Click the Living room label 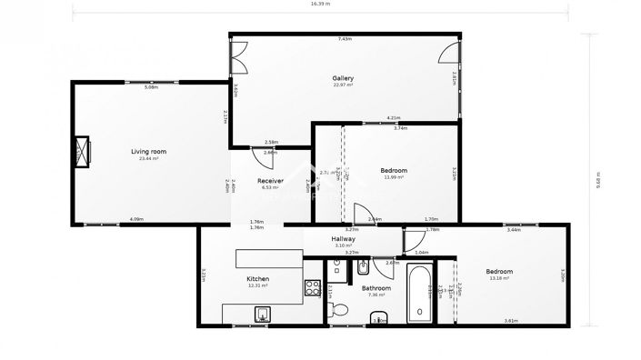click(149, 151)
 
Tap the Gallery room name click(343, 78)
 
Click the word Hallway click(344, 238)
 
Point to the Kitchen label click(258, 278)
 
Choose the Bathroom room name click(376, 288)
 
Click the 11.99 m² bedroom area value click(393, 177)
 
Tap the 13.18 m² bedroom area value click(498, 278)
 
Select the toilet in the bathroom click(340, 310)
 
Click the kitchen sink click(262, 315)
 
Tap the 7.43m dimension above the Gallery click(345, 38)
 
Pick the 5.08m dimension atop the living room click(151, 87)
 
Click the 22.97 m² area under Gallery click(343, 85)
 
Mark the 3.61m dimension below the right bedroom click(511, 321)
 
